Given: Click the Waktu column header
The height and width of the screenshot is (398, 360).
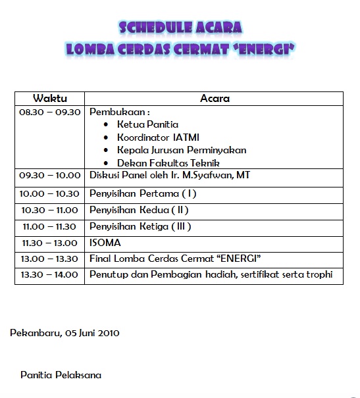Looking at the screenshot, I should pos(50,99).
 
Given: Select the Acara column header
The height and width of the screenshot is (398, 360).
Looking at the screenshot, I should pos(215,99).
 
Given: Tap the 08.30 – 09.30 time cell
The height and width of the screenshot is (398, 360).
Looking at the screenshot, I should pos(49,112).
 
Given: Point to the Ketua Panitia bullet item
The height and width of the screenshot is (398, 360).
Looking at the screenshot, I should pos(147,124).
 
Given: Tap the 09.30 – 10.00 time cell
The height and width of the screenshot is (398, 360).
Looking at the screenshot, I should pos(49,176).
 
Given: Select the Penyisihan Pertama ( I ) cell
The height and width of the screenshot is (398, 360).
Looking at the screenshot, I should pos(143,193).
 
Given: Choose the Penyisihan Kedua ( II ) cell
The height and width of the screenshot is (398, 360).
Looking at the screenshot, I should pos(139,210).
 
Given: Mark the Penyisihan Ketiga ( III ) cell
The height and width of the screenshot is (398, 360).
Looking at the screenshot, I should pos(140,226).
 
